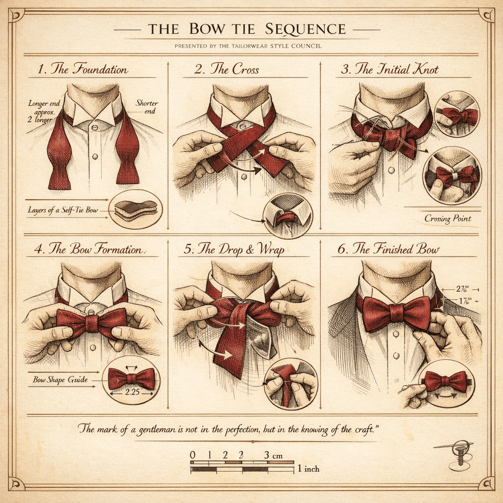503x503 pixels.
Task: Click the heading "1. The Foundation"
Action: (x=83, y=69)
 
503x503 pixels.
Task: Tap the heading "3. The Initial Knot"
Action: (x=390, y=69)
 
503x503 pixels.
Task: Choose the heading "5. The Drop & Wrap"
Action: (x=234, y=249)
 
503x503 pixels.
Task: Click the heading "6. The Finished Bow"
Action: (x=388, y=249)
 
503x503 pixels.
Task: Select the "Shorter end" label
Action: (x=147, y=107)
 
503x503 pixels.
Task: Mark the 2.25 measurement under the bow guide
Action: (x=131, y=392)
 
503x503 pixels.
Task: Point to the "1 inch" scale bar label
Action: (x=308, y=469)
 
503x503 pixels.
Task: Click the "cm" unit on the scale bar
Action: (x=278, y=455)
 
